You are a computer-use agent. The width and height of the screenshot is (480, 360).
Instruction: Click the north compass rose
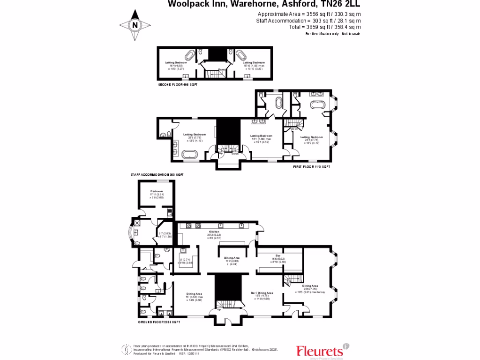pos(135,25)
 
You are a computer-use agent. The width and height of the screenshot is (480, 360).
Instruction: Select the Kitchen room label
pos(214,232)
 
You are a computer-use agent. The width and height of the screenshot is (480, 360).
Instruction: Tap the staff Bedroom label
pos(157,191)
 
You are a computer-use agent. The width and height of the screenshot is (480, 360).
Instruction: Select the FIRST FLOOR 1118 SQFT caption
pos(312,167)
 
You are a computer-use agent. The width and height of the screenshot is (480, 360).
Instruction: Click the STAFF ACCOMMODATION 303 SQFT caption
pos(157,174)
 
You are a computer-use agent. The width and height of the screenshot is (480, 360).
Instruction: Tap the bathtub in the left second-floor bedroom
pos(189,56)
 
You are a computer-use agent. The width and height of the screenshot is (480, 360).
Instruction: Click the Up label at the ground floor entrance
pos(219,310)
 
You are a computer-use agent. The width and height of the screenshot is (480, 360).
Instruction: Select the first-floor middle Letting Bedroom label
pos(262,136)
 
